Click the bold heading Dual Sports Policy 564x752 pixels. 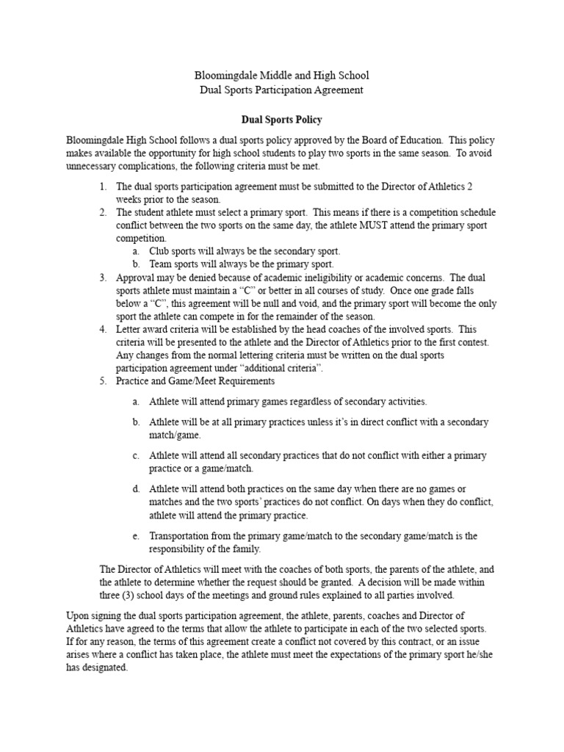click(282, 118)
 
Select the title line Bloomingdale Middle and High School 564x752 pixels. click(281, 75)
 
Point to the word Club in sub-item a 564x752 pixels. click(159, 251)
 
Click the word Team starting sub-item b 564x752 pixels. click(161, 264)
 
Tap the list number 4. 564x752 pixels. click(102, 329)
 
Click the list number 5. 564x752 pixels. click(102, 381)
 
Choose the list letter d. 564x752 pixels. click(136, 488)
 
